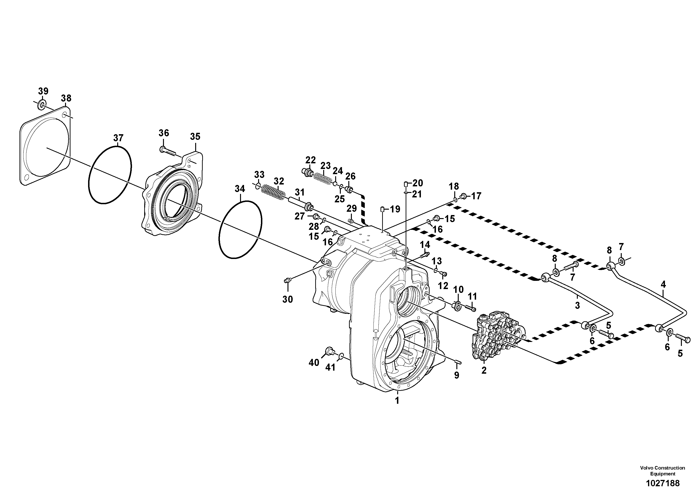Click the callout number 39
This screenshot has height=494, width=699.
pyautogui.click(x=43, y=91)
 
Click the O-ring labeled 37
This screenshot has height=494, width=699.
pyautogui.click(x=110, y=175)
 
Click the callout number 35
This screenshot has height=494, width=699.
pyautogui.click(x=195, y=137)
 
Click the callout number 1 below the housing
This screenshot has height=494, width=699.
pyautogui.click(x=397, y=400)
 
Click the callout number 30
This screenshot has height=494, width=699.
pyautogui.click(x=287, y=299)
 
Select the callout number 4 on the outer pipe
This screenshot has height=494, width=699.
pyautogui.click(x=663, y=284)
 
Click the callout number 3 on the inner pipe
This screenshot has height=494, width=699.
pyautogui.click(x=577, y=306)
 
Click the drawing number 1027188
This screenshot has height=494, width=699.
pyautogui.click(x=662, y=483)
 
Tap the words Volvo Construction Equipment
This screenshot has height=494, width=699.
pyautogui.click(x=662, y=470)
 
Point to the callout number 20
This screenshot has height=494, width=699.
pyautogui.click(x=418, y=183)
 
